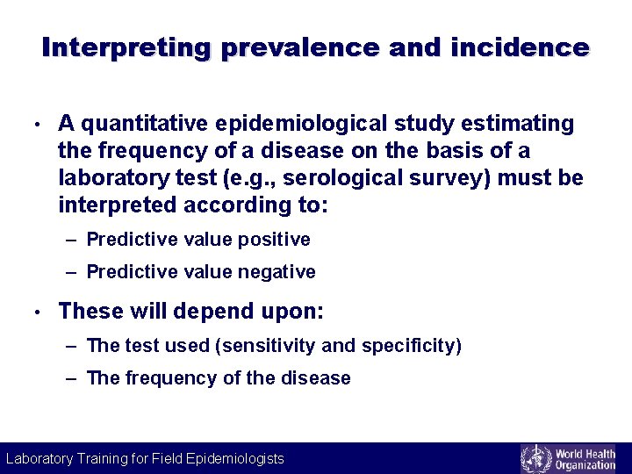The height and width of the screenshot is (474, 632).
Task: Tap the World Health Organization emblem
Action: coord(535,458)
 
